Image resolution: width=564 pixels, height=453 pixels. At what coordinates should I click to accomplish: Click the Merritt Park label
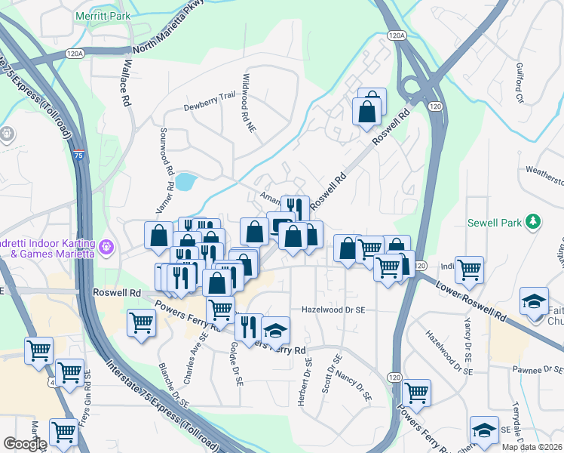(x=103, y=15)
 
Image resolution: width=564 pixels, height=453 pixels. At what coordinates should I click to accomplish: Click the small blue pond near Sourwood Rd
(x=185, y=181)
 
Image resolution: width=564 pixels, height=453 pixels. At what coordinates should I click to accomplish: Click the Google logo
(x=24, y=444)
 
